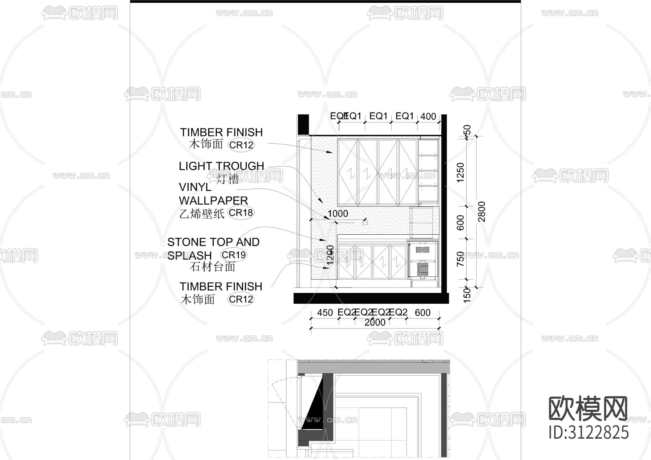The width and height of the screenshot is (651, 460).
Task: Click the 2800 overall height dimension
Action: click(x=481, y=212)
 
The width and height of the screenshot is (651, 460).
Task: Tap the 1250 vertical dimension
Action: click(x=460, y=173)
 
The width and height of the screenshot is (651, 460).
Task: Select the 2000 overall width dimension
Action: click(x=375, y=322)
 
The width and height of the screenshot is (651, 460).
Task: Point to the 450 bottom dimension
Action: click(x=325, y=312)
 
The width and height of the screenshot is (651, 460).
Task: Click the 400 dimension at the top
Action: click(x=428, y=116)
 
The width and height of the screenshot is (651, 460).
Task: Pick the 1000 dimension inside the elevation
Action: click(x=338, y=213)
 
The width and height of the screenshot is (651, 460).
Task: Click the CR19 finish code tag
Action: click(x=234, y=255)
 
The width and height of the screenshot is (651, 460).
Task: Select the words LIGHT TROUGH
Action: click(x=221, y=166)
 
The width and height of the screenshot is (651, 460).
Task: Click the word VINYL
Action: click(x=195, y=187)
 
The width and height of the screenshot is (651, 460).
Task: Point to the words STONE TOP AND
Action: click(x=213, y=242)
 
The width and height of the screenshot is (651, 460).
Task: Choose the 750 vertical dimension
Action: click(x=460, y=259)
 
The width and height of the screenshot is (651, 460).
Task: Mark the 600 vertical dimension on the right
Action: click(x=460, y=222)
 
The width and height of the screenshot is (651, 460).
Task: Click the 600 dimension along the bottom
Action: click(x=422, y=312)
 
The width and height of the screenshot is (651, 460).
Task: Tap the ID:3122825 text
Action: click(x=588, y=433)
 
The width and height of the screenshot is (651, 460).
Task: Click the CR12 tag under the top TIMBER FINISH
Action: click(x=241, y=145)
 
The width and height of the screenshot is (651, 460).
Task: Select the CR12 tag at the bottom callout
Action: click(x=241, y=299)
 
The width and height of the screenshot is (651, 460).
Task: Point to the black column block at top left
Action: click(x=303, y=124)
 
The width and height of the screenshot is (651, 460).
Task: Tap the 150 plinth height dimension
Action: click(x=467, y=294)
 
